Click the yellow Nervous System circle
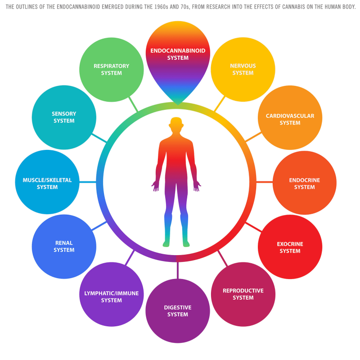click(x=243, y=69)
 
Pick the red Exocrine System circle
click(x=290, y=247)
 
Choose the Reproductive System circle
click(x=243, y=294)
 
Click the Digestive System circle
click(x=178, y=311)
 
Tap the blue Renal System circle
click(x=64, y=247)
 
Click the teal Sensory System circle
click(x=64, y=117)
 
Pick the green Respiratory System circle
click(x=111, y=70)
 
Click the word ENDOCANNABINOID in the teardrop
click(x=178, y=51)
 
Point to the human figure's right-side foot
click(x=186, y=243)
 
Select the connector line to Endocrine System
click(x=265, y=182)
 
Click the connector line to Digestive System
click(x=177, y=270)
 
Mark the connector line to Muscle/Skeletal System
click(x=88, y=182)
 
